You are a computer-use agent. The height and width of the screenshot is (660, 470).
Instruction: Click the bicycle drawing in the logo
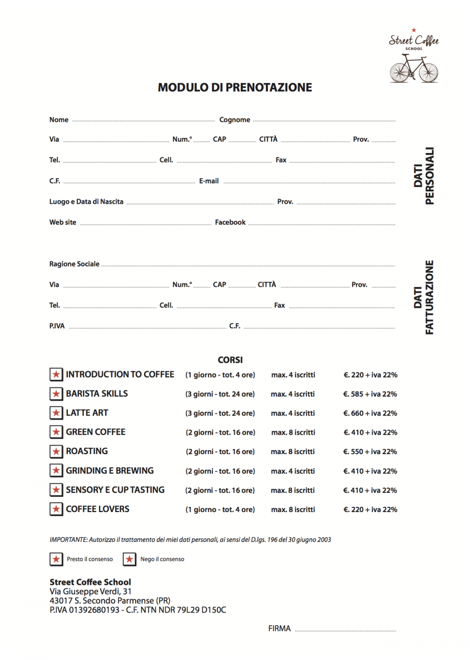pyautogui.click(x=414, y=70)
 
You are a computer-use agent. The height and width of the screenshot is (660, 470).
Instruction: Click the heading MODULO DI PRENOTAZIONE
pyautogui.click(x=235, y=87)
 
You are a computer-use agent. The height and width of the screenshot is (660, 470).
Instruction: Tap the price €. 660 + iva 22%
pyautogui.click(x=370, y=413)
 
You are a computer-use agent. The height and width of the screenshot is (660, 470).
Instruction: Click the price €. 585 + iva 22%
pyautogui.click(x=370, y=394)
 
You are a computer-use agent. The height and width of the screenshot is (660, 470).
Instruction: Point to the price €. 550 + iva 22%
pyautogui.click(x=370, y=451)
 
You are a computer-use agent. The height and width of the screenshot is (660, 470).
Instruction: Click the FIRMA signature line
pyautogui.click(x=345, y=630)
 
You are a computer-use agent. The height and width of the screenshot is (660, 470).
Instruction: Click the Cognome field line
pyautogui.click(x=324, y=121)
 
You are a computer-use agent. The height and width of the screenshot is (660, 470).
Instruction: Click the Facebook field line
pyautogui.click(x=321, y=224)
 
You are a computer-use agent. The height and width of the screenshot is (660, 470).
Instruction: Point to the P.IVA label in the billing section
pyautogui.click(x=57, y=326)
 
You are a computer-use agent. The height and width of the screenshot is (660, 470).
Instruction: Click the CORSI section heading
pyautogui.click(x=230, y=360)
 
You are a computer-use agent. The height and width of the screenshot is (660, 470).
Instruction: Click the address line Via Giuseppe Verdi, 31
pyautogui.click(x=90, y=592)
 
